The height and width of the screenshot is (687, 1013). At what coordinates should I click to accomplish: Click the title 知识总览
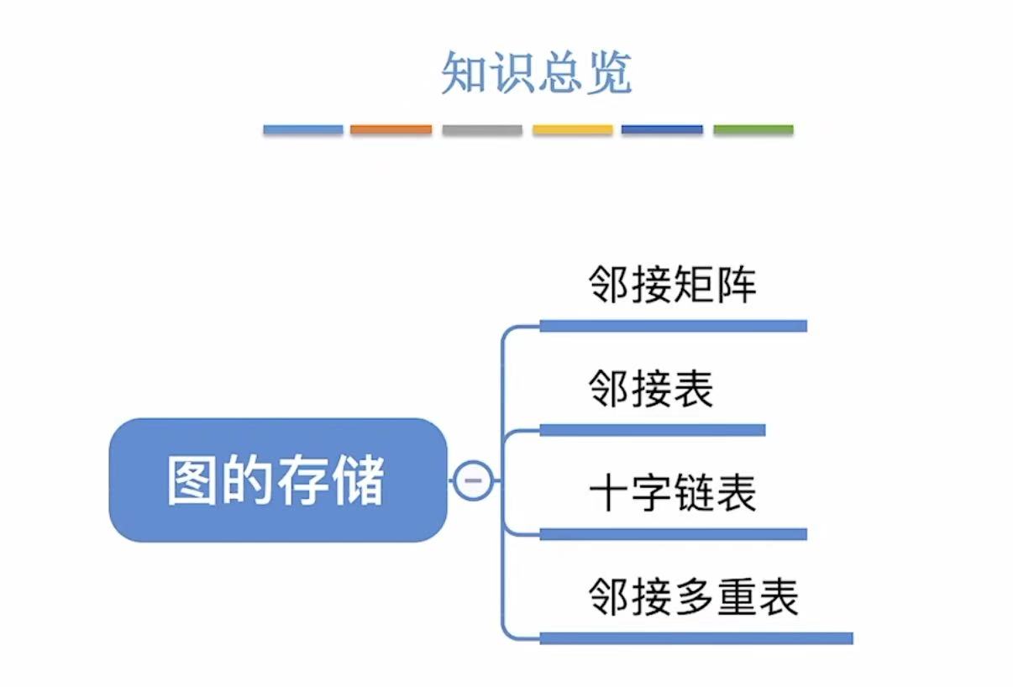click(x=536, y=74)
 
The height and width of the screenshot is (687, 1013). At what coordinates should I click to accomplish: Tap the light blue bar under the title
click(x=303, y=130)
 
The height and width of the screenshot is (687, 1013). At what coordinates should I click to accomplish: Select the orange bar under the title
click(x=391, y=130)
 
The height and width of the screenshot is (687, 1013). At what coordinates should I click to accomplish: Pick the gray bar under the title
click(x=482, y=130)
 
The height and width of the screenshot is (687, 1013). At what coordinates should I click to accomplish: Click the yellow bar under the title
click(x=573, y=130)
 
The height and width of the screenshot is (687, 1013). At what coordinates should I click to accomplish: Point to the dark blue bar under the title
click(x=662, y=130)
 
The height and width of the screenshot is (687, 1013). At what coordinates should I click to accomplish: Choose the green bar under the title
click(x=753, y=130)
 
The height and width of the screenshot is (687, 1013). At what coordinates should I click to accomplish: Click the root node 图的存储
click(x=277, y=480)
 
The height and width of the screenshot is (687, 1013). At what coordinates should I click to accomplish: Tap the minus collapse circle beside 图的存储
click(x=473, y=480)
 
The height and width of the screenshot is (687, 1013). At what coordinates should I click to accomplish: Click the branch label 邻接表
click(x=651, y=389)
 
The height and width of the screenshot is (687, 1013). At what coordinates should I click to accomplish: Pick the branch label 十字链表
click(x=673, y=493)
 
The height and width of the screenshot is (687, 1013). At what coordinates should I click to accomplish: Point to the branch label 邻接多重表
click(x=694, y=597)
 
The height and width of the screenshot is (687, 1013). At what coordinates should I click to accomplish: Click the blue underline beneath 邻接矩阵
click(x=673, y=326)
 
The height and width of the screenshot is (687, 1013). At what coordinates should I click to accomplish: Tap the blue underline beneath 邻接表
click(x=652, y=430)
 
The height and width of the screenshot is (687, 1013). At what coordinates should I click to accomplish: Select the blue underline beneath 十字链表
click(x=673, y=534)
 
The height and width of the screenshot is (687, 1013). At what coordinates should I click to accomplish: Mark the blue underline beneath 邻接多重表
click(x=695, y=638)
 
